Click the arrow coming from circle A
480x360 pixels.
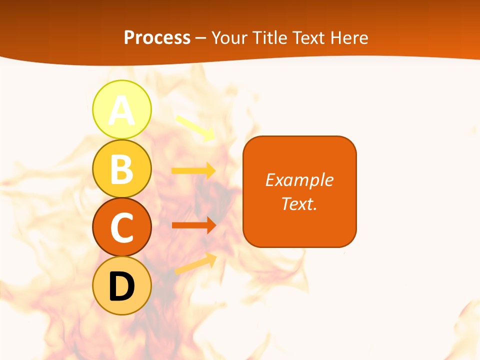point(195,127)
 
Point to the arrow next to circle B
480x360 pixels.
point(193,171)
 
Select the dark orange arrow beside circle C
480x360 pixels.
point(193,225)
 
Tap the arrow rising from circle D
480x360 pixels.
point(195,263)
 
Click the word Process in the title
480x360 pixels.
point(157,38)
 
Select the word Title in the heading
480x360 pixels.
point(268,38)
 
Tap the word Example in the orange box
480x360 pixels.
point(299,180)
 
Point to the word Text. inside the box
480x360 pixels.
point(299,203)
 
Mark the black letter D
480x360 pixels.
point(121,286)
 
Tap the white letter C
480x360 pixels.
point(121,227)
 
